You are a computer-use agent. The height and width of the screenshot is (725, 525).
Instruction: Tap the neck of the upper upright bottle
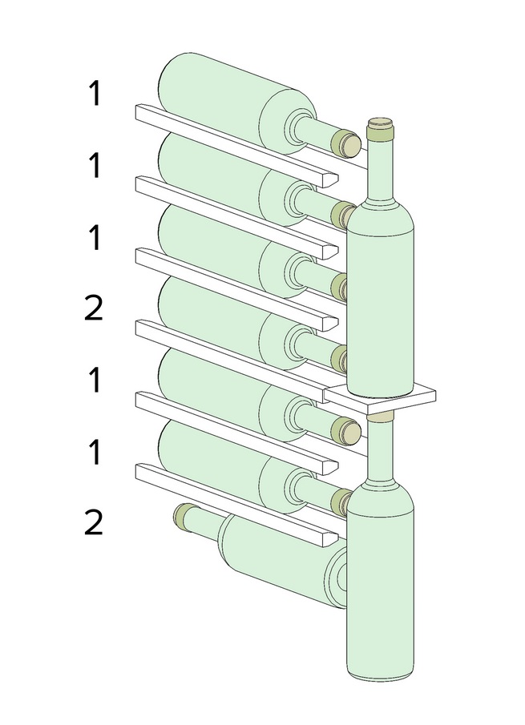pos(380,167)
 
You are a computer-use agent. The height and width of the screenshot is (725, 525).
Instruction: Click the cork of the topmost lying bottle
pos(347,143)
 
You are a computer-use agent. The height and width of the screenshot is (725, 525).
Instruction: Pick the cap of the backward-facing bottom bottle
pos(184,517)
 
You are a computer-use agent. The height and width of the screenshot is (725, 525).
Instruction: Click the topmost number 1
pos(95,94)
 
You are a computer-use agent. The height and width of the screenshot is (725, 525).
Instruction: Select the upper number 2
pos(94,308)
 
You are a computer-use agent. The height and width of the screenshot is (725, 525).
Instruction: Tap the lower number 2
pos(94,522)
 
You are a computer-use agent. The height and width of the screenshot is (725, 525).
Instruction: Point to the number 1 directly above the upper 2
pos(95,238)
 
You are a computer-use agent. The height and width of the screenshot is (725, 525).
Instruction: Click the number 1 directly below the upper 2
pos(95,380)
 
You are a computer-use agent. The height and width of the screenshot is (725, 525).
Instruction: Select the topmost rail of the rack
pos(236,146)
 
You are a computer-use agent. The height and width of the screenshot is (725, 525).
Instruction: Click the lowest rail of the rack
pos(236,505)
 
